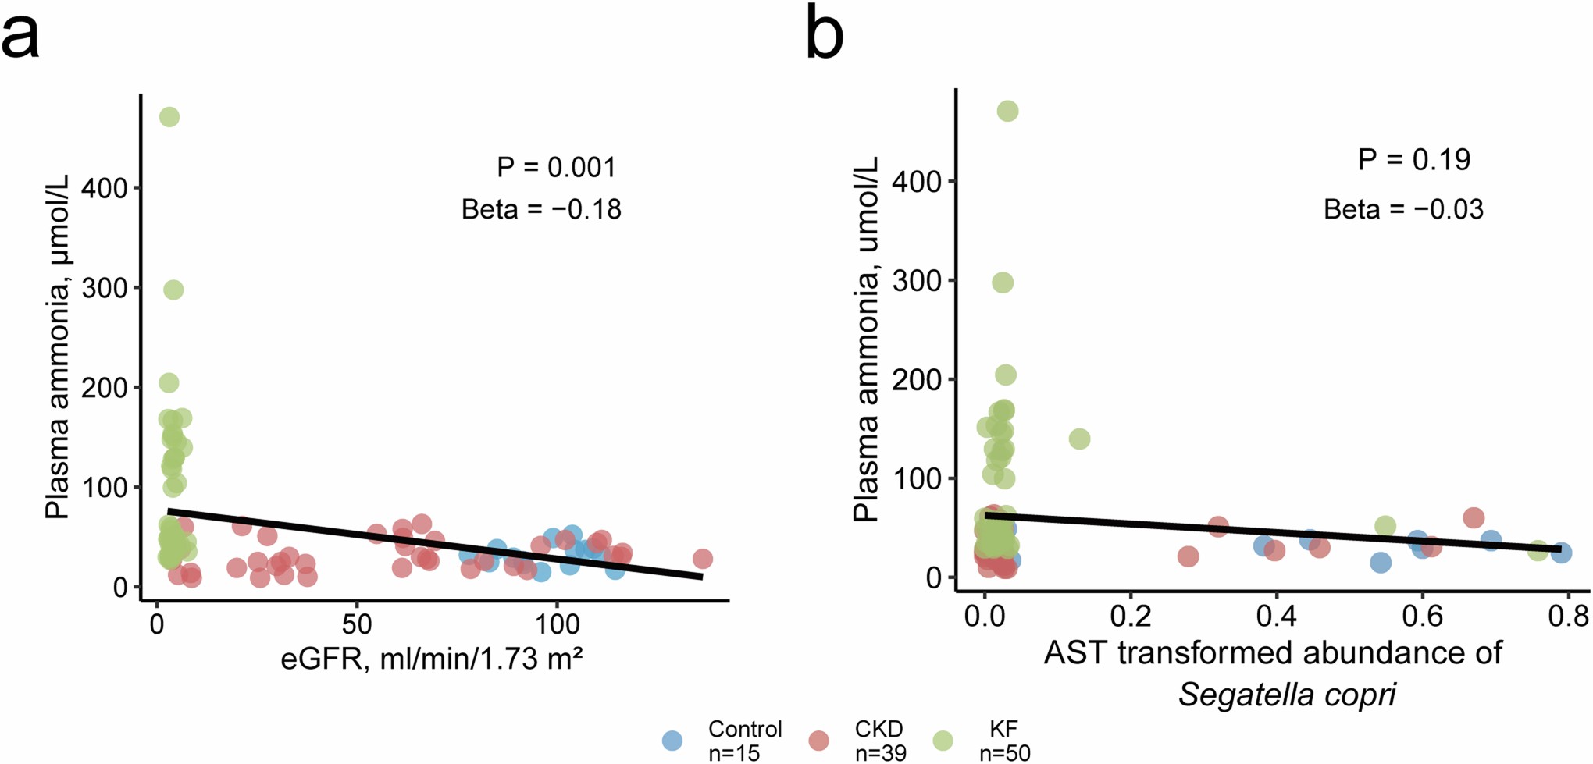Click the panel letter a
pos(20,36)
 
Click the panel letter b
pos(825,33)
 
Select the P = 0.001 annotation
pos(556,167)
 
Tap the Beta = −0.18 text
pos(541,209)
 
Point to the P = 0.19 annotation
pos(1413,159)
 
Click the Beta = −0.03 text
pos(1403,209)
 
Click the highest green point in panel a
pos(169,117)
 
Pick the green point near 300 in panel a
pos(173,290)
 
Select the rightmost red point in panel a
pos(702,559)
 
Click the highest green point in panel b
pos(1007,112)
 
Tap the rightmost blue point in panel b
pos(1561,553)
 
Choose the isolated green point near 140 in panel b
pos(1079,439)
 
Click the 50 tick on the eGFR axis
pos(357,624)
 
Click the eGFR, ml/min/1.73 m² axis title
pos(432,659)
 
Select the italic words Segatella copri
pos(1287,694)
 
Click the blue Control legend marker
pos(672,741)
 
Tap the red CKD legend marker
pos(818,741)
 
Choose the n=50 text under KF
pos(1004,753)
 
